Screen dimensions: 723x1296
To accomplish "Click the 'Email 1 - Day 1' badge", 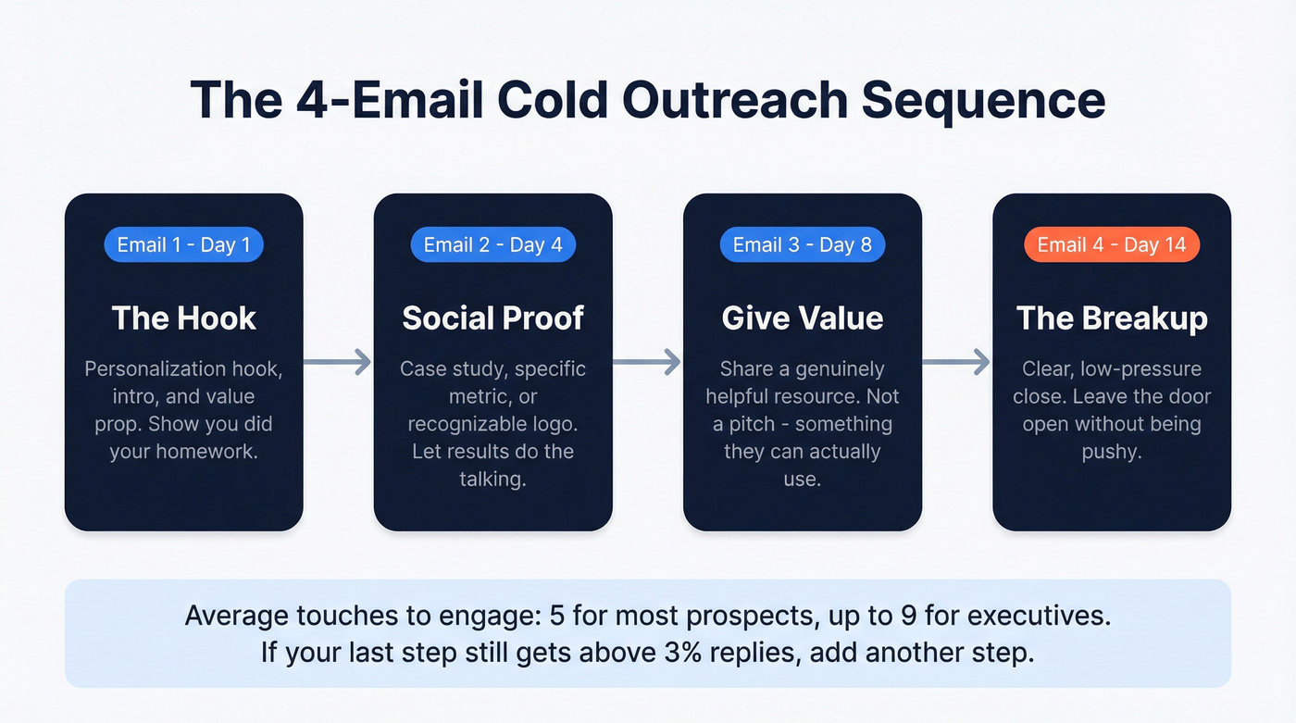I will coord(183,245).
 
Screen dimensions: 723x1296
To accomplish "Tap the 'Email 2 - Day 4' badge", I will coord(492,245).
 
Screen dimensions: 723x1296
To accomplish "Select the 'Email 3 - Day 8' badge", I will coord(802,245).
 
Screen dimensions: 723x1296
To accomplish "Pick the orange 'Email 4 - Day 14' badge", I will coord(1111,245).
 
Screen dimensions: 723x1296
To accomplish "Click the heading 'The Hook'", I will coord(183,318).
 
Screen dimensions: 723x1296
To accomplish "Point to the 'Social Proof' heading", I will coord(492,318).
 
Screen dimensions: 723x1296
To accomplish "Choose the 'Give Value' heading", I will coord(802,318).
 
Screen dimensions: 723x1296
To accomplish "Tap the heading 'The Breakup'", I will coord(1111,318).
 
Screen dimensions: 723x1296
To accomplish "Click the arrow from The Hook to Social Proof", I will coord(338,363).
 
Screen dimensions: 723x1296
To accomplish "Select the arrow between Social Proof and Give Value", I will coord(647,363).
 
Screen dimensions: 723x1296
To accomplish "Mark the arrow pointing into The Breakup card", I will coord(956,363).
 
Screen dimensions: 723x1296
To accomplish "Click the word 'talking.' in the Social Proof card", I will coord(492,480).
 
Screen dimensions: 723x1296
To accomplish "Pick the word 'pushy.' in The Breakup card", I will coord(1111,453).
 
